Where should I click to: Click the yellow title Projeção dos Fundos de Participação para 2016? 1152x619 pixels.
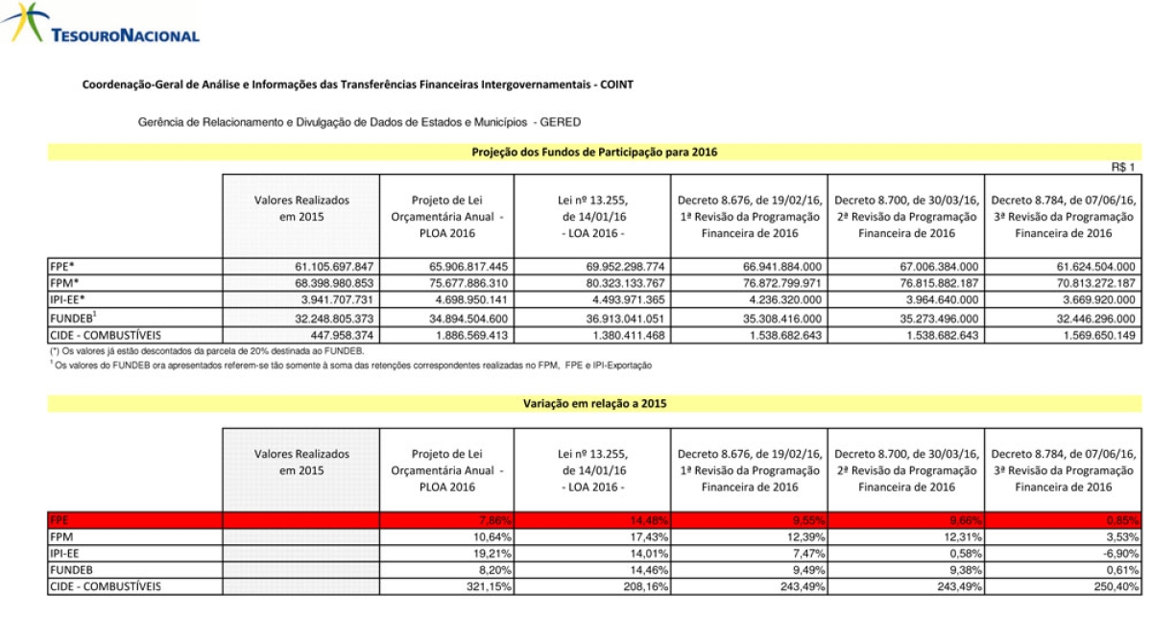594,152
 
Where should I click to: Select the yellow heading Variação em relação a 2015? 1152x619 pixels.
594,404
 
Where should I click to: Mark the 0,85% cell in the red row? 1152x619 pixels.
1119,519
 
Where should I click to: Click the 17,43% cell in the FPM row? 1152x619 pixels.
645,536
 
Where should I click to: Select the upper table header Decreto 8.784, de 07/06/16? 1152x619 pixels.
1064,217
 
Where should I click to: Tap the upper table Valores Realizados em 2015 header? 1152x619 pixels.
301,208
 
